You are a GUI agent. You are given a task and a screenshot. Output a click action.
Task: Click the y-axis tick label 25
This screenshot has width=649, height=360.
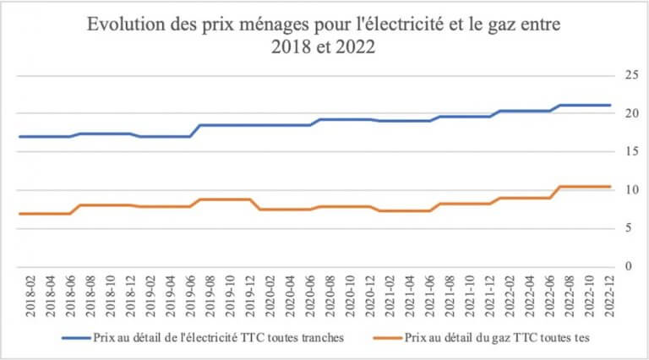pyautogui.click(x=628, y=75)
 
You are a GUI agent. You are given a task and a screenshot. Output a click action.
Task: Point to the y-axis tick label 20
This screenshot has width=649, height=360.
pyautogui.click(x=628, y=113)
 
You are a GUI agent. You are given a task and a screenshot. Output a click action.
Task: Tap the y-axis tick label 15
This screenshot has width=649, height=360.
pyautogui.click(x=628, y=152)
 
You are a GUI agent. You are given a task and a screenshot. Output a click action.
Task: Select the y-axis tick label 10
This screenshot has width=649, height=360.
pyautogui.click(x=628, y=190)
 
